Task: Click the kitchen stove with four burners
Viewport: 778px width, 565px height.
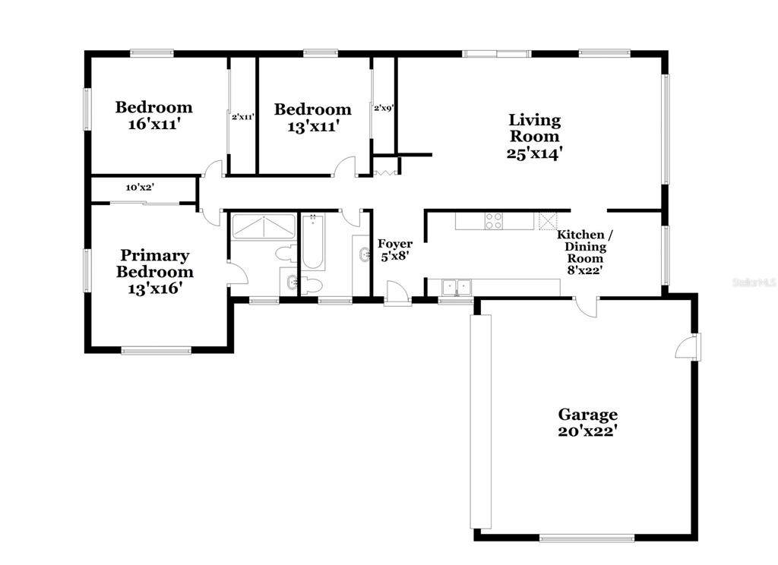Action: click(x=494, y=221)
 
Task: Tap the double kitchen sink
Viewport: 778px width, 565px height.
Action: click(x=456, y=287)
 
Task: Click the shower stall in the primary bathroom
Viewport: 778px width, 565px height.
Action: click(x=264, y=227)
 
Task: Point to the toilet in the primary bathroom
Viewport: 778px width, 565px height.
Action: click(x=285, y=252)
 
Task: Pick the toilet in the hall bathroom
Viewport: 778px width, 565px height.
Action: click(x=312, y=286)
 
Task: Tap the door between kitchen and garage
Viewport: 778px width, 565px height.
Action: click(x=586, y=307)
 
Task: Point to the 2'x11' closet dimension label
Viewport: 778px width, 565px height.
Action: click(x=242, y=117)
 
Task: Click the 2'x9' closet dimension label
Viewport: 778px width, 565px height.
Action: click(x=384, y=107)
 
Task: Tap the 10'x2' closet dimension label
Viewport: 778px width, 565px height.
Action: click(x=140, y=188)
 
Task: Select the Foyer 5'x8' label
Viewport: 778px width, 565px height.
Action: click(x=395, y=250)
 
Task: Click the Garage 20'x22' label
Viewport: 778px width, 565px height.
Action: click(x=587, y=422)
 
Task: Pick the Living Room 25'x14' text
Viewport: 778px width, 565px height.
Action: click(x=534, y=136)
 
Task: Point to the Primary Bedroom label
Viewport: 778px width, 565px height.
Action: click(x=154, y=264)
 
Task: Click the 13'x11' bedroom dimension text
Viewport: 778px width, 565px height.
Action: click(x=313, y=127)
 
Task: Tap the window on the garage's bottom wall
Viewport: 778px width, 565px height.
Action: click(x=587, y=538)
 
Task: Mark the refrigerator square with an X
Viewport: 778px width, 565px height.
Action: click(x=547, y=221)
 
